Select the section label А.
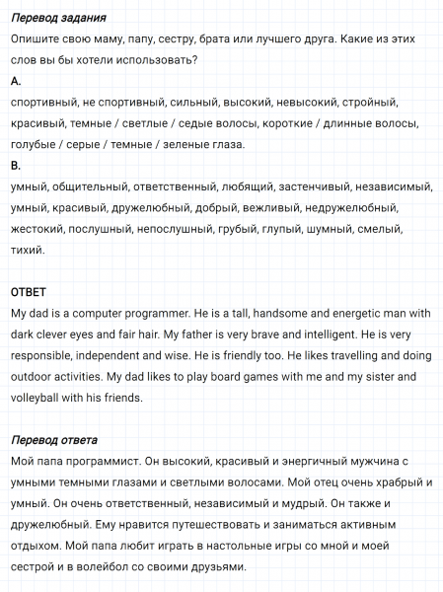14,81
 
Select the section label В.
14,165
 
